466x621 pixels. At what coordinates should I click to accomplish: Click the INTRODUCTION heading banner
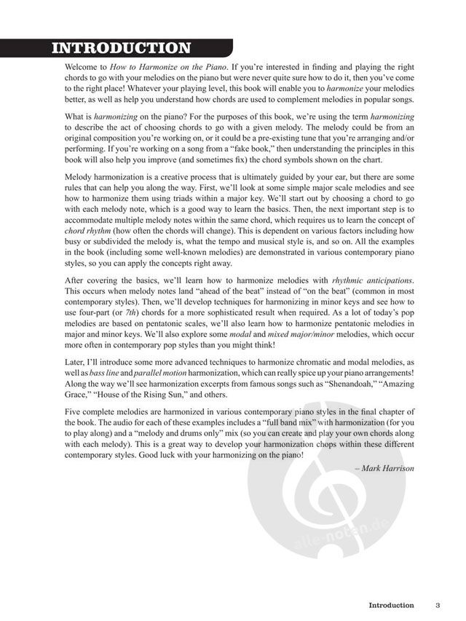click(x=121, y=49)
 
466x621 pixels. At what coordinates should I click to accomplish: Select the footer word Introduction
click(x=391, y=605)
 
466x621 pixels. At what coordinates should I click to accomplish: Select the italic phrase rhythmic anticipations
click(x=373, y=280)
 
